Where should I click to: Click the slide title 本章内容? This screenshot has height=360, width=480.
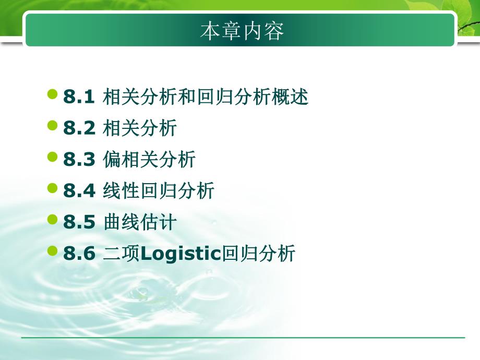(x=242, y=31)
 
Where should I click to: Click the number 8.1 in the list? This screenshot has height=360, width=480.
(x=79, y=98)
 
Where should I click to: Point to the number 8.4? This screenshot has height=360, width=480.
(x=79, y=191)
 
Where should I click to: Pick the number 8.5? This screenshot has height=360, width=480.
(x=79, y=223)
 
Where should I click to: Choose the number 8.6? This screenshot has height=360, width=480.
(x=79, y=254)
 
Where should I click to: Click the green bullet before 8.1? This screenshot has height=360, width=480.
(x=52, y=94)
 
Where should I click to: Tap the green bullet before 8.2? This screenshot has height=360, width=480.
(x=52, y=126)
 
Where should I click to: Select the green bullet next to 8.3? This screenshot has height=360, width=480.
(x=52, y=157)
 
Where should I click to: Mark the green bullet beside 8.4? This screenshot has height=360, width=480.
(x=52, y=188)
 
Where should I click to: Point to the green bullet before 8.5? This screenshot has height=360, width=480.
(x=52, y=220)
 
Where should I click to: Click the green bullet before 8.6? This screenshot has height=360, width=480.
(x=52, y=251)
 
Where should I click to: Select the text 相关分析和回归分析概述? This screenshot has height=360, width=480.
(x=206, y=98)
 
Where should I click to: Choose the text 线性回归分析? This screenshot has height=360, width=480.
(x=159, y=191)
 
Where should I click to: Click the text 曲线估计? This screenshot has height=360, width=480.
(x=140, y=223)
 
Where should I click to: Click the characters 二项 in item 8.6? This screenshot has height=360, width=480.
(x=122, y=254)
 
